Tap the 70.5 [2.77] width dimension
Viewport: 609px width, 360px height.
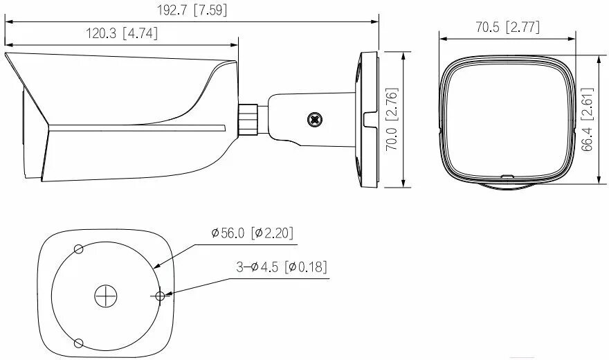point(508,27)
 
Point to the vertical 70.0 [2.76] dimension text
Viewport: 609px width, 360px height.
point(391,119)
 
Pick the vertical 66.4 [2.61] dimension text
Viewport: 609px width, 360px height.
point(587,119)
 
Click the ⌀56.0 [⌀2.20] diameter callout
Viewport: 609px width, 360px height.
point(252,233)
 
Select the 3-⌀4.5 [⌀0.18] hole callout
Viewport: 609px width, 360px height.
point(281,267)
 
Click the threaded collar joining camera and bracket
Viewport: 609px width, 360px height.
point(249,119)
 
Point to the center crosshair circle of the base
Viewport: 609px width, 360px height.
point(104,296)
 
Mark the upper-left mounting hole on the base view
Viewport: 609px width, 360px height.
point(78,249)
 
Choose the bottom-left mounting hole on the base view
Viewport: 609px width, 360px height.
point(78,343)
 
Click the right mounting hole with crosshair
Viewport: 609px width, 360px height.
point(160,296)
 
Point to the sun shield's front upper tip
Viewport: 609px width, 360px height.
point(7,55)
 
